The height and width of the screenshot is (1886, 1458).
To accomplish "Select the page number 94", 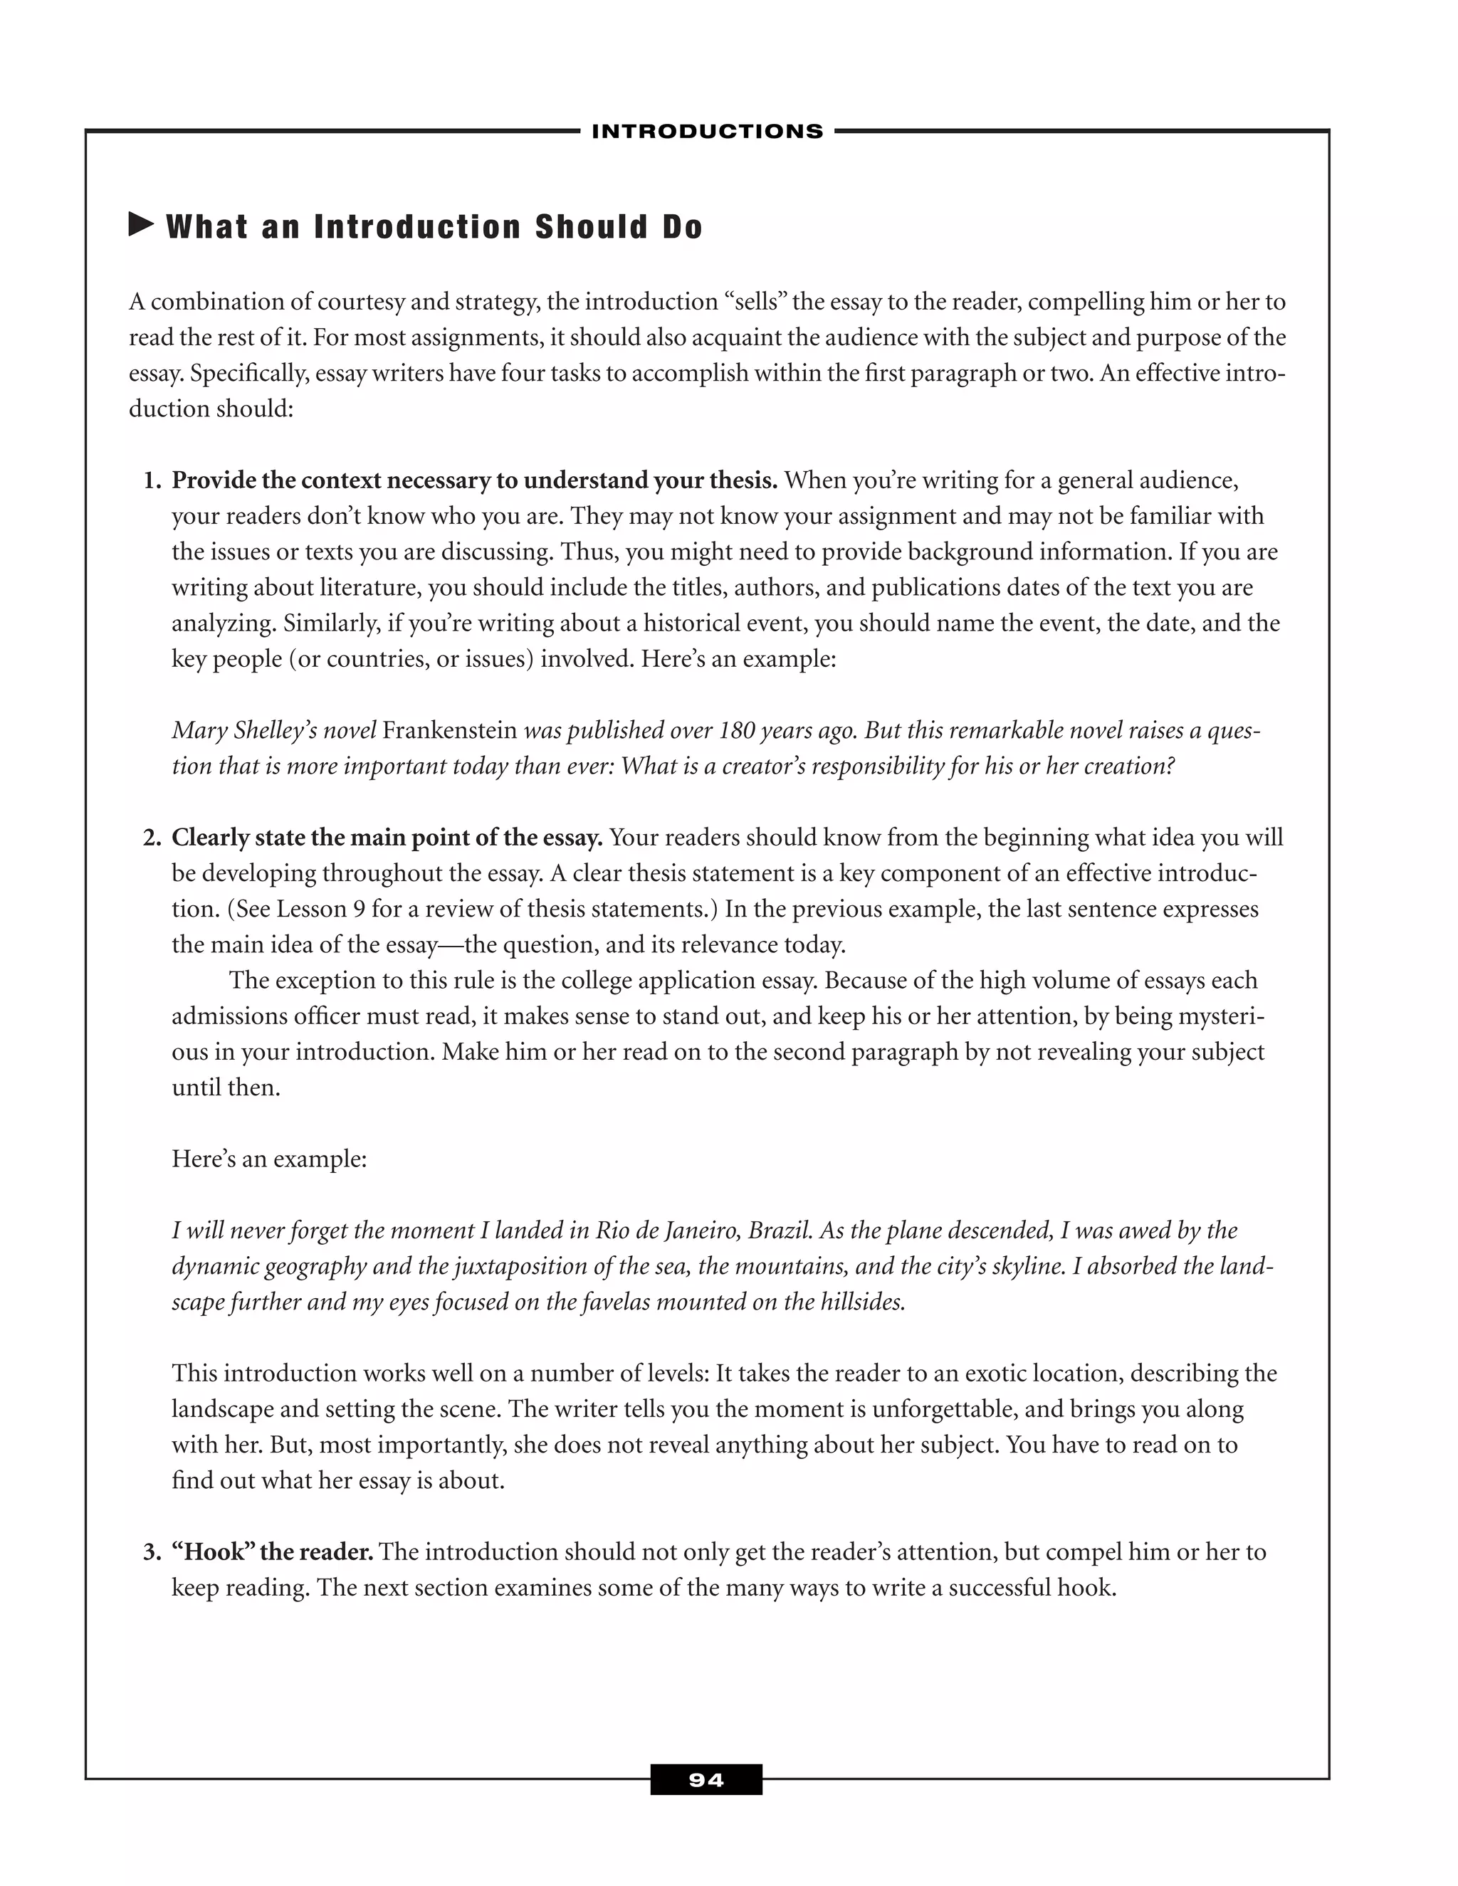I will click(706, 1780).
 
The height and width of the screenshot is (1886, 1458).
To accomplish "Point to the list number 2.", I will click(150, 838).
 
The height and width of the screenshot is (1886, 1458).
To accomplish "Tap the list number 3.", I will click(150, 1552).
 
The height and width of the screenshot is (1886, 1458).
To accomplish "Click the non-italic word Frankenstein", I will click(449, 731).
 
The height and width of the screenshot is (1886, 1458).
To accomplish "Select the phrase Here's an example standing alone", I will click(268, 1159).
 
